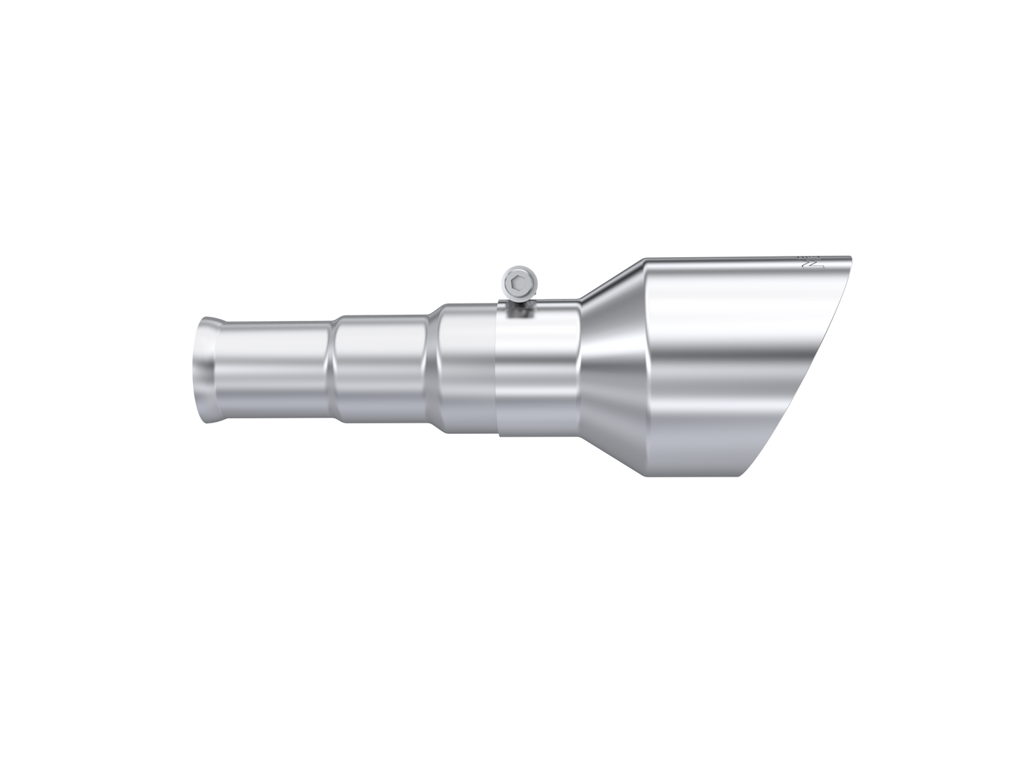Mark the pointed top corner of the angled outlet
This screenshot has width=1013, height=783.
[851, 256]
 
